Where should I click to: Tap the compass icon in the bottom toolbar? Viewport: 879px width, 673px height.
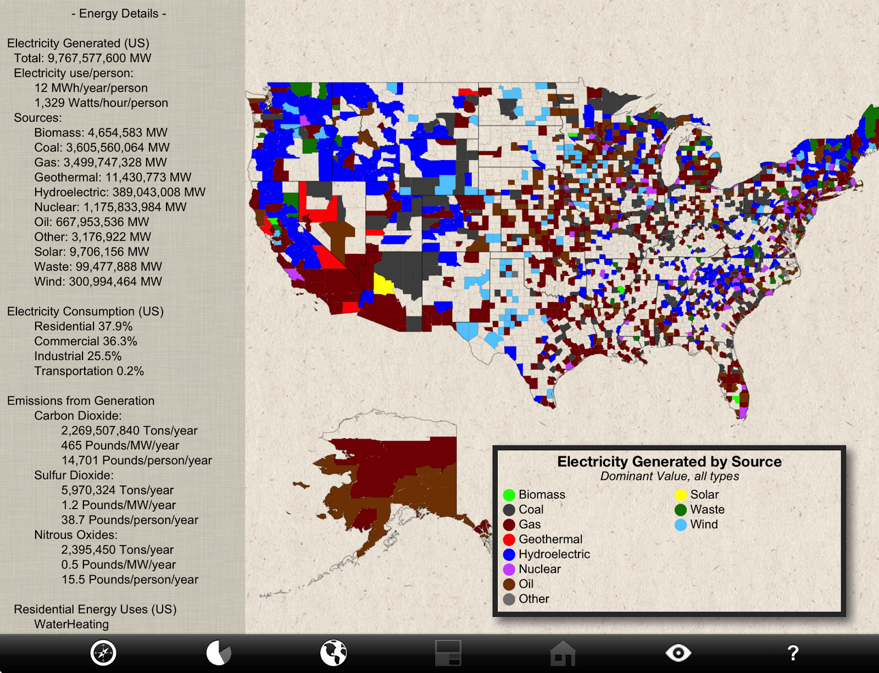point(103,653)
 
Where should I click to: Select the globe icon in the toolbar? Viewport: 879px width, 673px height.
point(333,653)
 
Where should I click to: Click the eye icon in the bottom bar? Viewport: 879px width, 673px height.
point(678,653)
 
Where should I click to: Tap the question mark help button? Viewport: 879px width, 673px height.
point(792,653)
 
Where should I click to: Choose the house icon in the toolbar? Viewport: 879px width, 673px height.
point(563,653)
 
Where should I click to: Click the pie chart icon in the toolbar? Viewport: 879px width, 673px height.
point(219,653)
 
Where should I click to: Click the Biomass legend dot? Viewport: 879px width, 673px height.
point(509,495)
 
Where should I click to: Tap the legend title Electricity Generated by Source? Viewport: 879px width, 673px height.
point(669,462)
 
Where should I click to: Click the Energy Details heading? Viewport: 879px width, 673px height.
point(119,14)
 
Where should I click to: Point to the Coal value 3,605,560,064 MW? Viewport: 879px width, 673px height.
point(102,147)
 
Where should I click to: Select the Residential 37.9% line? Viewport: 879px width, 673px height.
point(83,327)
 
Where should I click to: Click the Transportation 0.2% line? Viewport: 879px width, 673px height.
point(89,371)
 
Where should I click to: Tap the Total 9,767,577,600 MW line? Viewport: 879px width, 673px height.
point(82,58)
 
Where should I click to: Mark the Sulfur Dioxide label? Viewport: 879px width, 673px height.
point(74,475)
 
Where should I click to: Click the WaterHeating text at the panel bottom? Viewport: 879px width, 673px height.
point(71,624)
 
